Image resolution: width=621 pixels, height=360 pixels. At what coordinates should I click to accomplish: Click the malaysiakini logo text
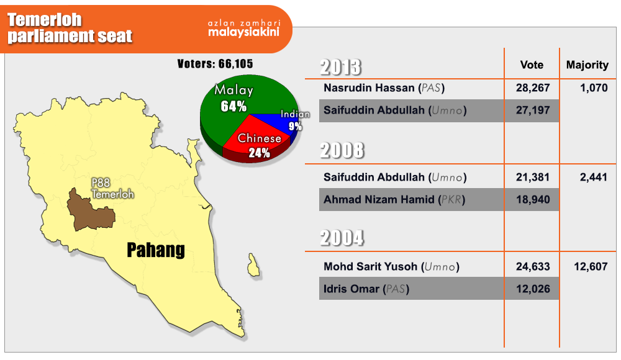pos(244,32)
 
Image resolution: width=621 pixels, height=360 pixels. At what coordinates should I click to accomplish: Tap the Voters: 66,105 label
pos(215,64)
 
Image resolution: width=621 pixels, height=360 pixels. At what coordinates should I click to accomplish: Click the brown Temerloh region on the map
pos(88,212)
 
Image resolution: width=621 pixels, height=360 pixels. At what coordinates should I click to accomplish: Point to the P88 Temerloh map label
pos(112,189)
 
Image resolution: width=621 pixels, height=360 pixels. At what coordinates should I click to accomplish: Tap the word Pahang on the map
pos(156,250)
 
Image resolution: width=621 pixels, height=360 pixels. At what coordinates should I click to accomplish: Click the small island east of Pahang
pos(253,266)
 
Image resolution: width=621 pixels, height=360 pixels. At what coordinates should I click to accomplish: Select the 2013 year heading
pos(340,67)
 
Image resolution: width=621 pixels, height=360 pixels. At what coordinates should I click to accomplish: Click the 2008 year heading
pos(342,150)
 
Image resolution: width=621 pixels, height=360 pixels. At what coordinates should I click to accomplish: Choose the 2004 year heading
pos(342,238)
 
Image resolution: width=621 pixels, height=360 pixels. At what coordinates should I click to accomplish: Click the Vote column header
pos(532,65)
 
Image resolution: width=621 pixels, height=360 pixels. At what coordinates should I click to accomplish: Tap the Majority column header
pos(587,65)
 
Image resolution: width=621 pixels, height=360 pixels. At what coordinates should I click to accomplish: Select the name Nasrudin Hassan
pos(369,88)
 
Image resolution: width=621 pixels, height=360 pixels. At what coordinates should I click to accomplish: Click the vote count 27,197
pos(533,110)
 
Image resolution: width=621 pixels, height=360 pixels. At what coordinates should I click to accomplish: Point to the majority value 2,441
pos(593,177)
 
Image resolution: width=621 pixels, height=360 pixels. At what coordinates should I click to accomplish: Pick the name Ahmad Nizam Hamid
pos(379,199)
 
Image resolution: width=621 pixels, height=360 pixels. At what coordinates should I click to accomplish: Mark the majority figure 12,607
pos(591,266)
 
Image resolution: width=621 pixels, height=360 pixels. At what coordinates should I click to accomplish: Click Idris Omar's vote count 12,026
pos(533,289)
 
